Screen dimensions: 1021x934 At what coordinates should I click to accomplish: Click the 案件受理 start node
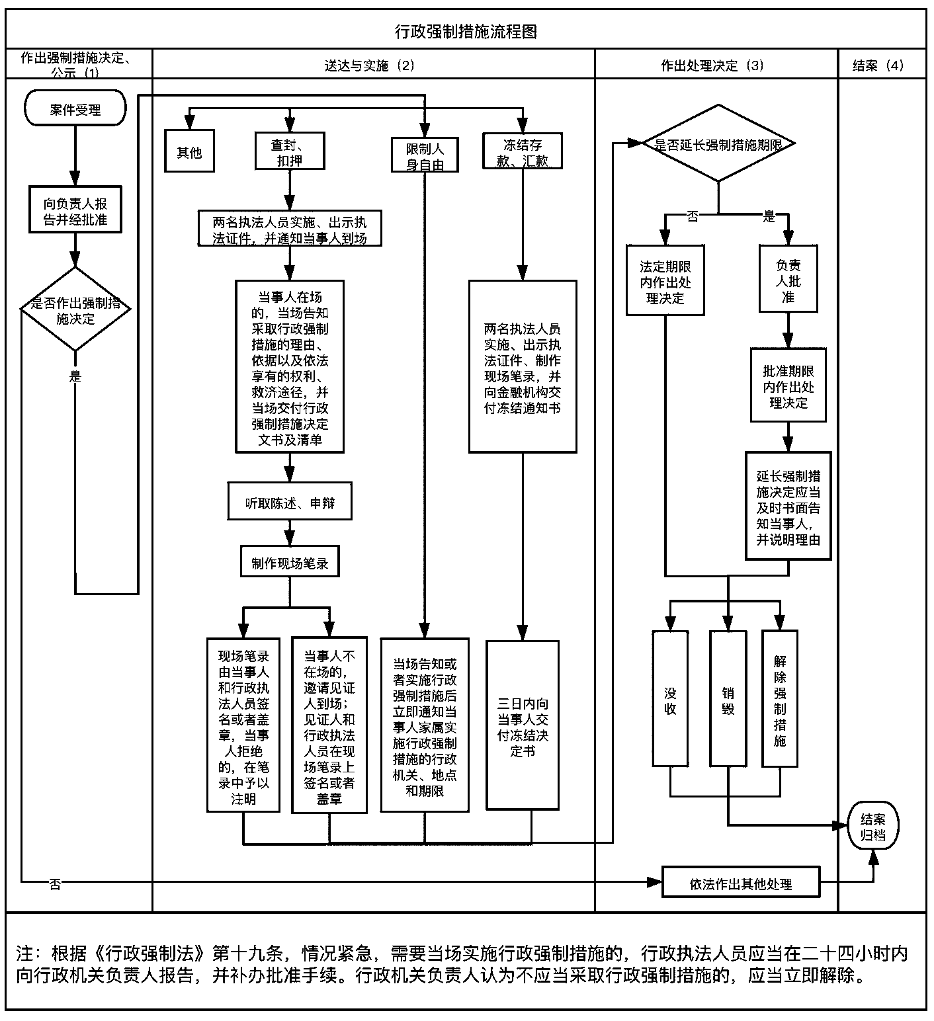pos(75,109)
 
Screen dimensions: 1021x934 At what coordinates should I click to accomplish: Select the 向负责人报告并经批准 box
pos(75,211)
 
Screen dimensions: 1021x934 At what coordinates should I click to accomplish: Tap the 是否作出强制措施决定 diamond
pos(75,309)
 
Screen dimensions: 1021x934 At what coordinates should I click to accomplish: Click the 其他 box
pos(189,153)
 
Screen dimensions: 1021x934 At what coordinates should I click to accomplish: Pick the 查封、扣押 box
pos(290,152)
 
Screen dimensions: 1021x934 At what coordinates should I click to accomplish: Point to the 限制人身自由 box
pos(425,156)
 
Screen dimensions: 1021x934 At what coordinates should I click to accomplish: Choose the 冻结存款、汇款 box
pos(523,152)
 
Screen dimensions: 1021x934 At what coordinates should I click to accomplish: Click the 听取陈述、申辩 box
pos(290,503)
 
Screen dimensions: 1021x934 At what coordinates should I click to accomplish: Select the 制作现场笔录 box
pos(290,563)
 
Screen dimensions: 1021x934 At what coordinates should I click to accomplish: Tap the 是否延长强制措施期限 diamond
pos(718,143)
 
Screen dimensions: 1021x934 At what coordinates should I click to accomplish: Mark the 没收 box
pos(670,700)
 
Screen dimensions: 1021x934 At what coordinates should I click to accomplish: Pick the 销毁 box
pos(728,700)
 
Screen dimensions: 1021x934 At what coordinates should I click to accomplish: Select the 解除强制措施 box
pos(780,700)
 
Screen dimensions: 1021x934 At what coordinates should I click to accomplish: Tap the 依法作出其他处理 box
pos(741,883)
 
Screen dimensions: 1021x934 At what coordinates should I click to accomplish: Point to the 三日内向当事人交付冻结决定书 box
pos(523,726)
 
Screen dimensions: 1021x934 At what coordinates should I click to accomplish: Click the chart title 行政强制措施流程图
pos(466,30)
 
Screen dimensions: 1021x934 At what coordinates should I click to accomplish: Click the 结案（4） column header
pos(878,65)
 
